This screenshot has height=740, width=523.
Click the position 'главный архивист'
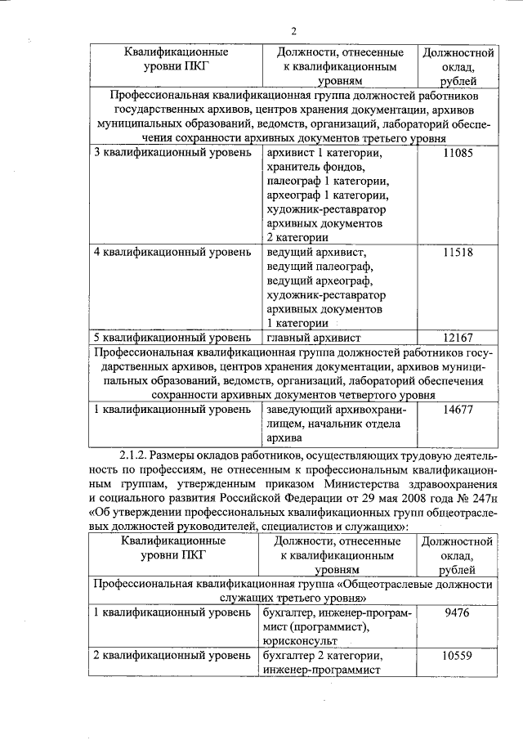pos(313,337)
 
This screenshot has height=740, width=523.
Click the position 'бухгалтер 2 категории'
pos(324,656)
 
